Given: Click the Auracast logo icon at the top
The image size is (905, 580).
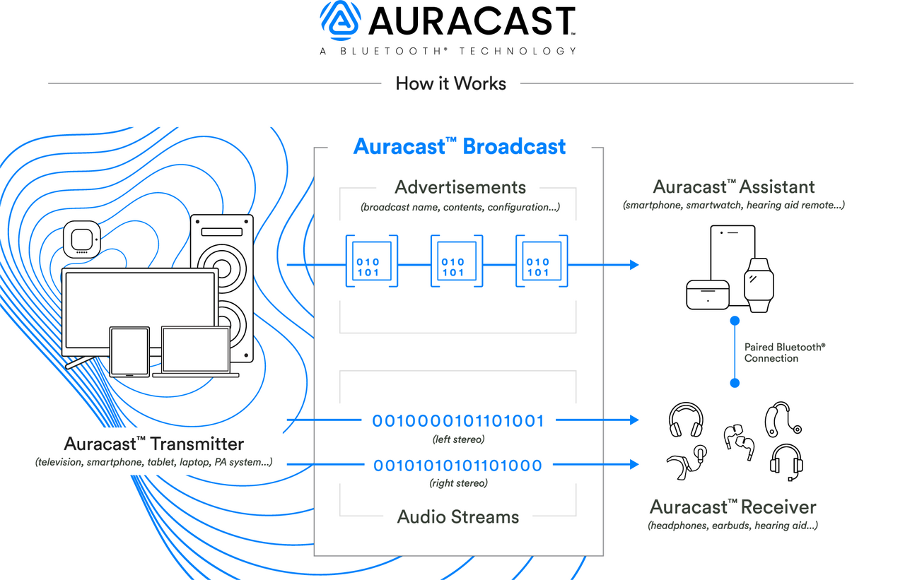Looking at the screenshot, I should (341, 21).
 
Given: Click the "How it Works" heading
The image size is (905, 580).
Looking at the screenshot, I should (450, 83).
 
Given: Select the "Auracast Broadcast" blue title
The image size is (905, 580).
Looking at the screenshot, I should (460, 146).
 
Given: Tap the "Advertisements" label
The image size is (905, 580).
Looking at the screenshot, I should (460, 187).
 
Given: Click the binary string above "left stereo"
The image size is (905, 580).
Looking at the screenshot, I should (458, 421).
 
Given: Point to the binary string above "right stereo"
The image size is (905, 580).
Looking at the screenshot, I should (458, 466).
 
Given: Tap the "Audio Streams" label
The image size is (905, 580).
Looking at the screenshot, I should (458, 516).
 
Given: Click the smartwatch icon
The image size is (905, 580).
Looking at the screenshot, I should (759, 285).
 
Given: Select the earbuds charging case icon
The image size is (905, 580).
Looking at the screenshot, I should (708, 293).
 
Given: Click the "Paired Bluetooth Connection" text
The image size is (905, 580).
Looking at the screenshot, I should (784, 353).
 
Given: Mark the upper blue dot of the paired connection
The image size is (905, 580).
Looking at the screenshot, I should (735, 321).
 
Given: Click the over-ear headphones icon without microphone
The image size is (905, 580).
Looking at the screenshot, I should (686, 420).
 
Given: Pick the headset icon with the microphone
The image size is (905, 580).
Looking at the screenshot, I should (786, 461).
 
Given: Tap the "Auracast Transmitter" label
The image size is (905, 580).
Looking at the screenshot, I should (154, 444).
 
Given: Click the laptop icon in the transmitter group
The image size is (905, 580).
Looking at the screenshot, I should (196, 352).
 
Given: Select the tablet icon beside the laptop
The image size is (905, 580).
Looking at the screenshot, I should (129, 351).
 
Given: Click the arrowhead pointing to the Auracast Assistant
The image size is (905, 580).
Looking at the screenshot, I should (633, 265).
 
